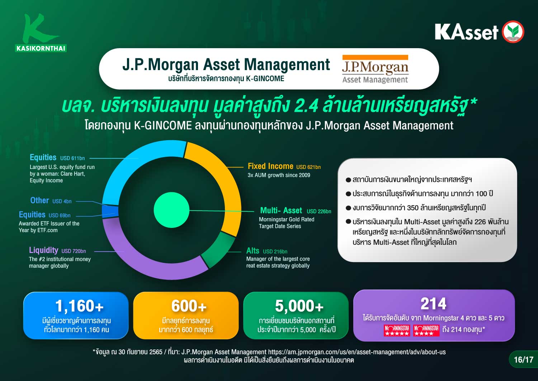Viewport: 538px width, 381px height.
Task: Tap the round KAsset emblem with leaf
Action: (x=513, y=32)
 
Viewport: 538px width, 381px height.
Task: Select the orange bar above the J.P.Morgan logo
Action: (x=375, y=57)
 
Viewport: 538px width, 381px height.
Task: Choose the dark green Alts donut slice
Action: (x=217, y=249)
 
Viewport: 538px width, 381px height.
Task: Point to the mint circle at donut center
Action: (x=171, y=210)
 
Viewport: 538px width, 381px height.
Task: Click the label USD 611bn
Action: (x=72, y=158)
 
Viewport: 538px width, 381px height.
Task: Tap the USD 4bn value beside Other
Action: (x=62, y=201)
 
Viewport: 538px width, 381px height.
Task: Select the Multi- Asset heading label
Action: (x=281, y=210)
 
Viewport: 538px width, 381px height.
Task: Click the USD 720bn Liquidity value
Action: (x=74, y=251)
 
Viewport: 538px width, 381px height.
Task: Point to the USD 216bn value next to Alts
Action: (x=275, y=252)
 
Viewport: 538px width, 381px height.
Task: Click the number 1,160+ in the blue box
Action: (x=80, y=306)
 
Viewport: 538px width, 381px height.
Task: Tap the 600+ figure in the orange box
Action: (x=189, y=306)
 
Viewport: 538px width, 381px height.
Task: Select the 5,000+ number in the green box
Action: (x=299, y=306)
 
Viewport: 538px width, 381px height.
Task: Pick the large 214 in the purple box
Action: (x=434, y=303)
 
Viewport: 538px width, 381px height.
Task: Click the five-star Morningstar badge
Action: (x=397, y=330)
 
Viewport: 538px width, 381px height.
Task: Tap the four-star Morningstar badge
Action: (x=426, y=330)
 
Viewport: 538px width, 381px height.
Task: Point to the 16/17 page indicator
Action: (x=524, y=359)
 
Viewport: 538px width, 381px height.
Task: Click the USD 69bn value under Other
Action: (x=60, y=215)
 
